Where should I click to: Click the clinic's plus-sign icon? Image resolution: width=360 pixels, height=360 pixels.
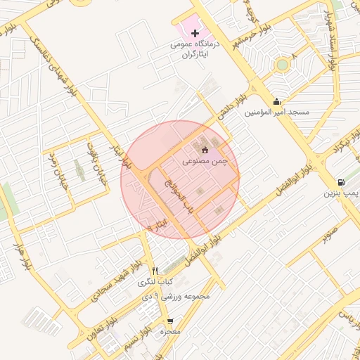tap(195, 33)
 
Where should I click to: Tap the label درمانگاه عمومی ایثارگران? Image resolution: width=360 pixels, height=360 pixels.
tap(195, 49)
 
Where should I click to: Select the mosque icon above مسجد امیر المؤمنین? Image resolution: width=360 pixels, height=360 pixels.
tap(276, 101)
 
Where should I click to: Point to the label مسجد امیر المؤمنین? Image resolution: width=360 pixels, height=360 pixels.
tap(277, 112)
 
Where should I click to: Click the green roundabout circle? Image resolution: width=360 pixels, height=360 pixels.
tap(282, 65)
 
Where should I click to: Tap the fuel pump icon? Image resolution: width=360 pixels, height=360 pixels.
tap(341, 181)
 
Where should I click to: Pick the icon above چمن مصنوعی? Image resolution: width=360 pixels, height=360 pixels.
tap(205, 149)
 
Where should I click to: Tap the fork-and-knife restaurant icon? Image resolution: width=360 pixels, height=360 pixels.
tap(155, 271)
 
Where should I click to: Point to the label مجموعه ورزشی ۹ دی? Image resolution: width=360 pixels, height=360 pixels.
tap(176, 296)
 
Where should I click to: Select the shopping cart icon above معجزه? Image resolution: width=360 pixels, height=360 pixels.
tap(169, 321)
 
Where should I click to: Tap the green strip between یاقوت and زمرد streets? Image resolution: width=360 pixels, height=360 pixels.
tap(78, 169)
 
